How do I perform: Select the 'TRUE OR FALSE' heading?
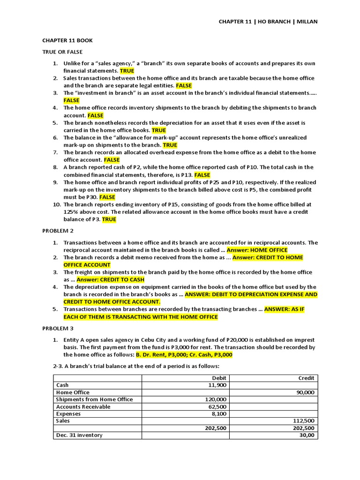(63, 52)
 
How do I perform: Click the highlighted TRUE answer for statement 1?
(127, 71)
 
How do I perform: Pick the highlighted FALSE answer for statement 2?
(184, 86)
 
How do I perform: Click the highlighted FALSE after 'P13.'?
(202, 175)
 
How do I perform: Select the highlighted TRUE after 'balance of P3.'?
(109, 219)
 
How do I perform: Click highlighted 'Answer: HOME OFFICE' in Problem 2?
(257, 250)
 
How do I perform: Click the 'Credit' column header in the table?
(307, 378)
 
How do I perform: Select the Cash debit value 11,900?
(218, 385)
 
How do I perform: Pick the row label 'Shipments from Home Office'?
(94, 399)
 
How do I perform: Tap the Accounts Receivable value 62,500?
(218, 407)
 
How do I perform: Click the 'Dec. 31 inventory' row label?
(79, 435)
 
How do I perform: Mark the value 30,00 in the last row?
(307, 435)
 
